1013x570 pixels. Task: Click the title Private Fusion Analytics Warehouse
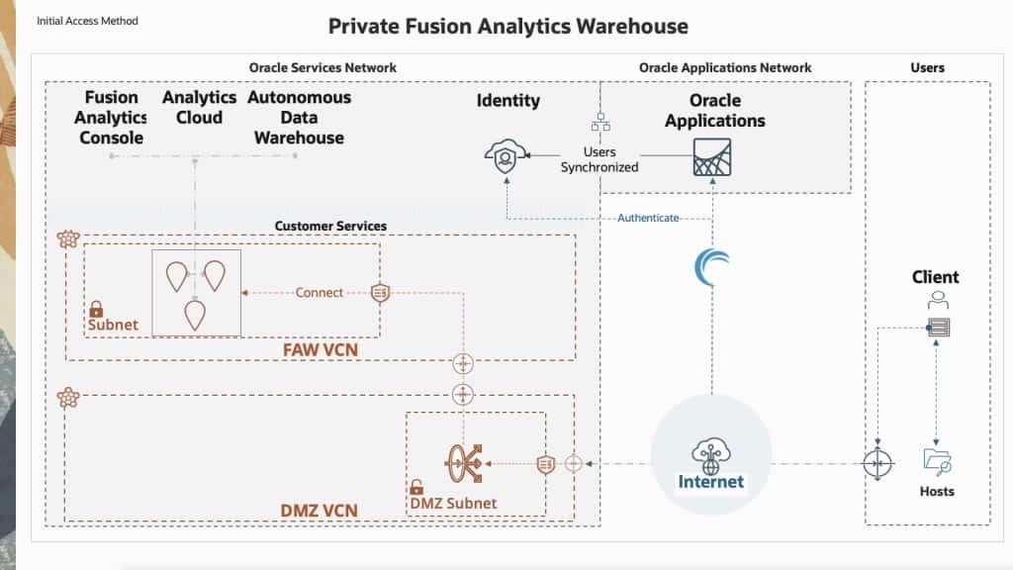[x=507, y=26]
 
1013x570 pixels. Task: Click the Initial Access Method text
[x=87, y=21]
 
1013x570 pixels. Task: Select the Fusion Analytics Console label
[x=111, y=118]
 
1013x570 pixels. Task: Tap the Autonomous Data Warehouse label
[x=299, y=118]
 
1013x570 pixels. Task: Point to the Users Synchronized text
[x=599, y=159]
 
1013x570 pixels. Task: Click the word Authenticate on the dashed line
[x=648, y=218]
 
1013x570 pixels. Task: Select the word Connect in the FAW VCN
[x=320, y=292]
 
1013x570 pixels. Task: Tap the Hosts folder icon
[x=936, y=460]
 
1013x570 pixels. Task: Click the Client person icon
[x=936, y=299]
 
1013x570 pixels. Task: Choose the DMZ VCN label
[x=319, y=511]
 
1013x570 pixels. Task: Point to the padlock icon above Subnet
[x=97, y=309]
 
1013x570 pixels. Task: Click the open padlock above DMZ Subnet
[x=417, y=487]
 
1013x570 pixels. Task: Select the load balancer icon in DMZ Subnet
[x=465, y=461]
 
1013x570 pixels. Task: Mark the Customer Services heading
[x=329, y=226]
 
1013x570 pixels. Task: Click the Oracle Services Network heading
[x=322, y=67]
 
